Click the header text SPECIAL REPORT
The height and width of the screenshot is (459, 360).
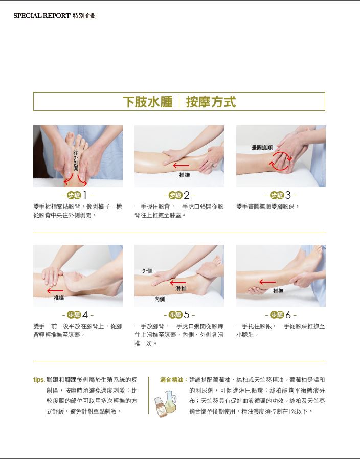[42, 16]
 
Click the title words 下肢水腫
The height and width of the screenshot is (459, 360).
[148, 102]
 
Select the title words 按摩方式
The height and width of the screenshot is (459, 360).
[211, 102]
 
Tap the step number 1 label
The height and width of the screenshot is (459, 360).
[78, 195]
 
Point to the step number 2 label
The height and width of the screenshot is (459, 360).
[179, 195]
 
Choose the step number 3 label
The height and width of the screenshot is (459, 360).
[281, 195]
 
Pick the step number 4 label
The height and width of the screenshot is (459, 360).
[78, 315]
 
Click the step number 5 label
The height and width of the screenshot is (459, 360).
[179, 315]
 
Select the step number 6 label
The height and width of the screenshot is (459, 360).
[281, 315]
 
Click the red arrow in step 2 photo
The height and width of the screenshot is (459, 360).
[181, 166]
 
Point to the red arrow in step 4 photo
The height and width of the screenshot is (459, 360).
[55, 291]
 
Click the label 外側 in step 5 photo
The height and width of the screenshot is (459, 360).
[147, 271]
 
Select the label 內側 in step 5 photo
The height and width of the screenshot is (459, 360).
[160, 299]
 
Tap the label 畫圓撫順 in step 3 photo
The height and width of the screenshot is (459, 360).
[262, 147]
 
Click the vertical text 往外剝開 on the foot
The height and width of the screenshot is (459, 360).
[76, 160]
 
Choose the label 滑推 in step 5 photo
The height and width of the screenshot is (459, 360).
[181, 289]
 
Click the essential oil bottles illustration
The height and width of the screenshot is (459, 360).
[166, 403]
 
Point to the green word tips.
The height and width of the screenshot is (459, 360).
[39, 380]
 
